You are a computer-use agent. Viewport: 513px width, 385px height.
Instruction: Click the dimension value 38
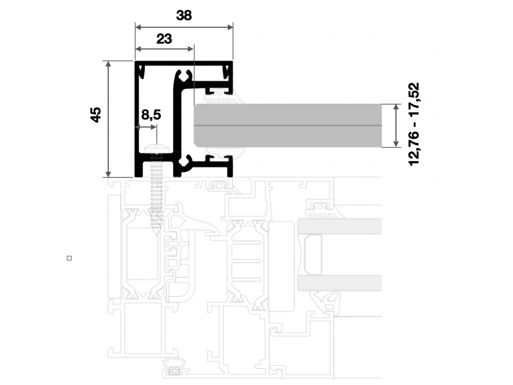[184, 15]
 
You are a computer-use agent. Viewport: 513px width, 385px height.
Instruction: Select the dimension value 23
[164, 39]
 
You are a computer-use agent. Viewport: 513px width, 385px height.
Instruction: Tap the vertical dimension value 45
[96, 115]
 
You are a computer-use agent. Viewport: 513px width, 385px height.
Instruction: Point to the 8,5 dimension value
[151, 115]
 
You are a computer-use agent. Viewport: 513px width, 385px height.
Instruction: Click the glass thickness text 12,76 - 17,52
[414, 124]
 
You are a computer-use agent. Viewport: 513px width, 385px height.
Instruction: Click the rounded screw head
[157, 148]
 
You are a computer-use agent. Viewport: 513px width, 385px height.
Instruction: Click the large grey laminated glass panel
[288, 125]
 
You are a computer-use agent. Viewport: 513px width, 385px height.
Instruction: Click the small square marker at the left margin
[69, 258]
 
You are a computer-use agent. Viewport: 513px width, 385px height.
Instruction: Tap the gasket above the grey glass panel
[220, 98]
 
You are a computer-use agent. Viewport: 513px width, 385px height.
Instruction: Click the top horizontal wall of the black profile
[184, 63]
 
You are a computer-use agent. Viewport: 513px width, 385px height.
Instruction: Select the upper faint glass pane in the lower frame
[340, 226]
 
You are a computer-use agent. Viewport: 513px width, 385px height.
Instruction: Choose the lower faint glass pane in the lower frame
[340, 283]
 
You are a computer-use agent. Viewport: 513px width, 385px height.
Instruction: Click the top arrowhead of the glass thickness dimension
[396, 107]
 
